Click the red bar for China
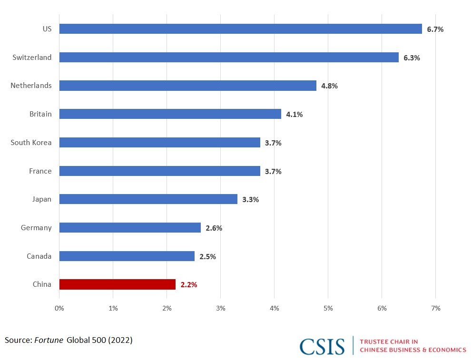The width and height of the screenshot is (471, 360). [117, 284]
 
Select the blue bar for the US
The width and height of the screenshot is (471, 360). [240, 29]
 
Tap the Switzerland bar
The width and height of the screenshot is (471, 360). [229, 58]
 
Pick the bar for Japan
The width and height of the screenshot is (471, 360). [148, 199]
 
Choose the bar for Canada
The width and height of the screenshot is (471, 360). [127, 256]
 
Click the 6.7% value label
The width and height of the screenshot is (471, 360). [435, 29]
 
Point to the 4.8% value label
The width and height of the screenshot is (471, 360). [329, 86]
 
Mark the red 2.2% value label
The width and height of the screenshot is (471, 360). [188, 285]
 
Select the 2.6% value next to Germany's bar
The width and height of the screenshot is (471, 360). [214, 228]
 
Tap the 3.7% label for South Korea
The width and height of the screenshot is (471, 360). [273, 143]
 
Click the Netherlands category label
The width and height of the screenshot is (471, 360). [31, 86]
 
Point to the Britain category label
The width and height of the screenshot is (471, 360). [40, 114]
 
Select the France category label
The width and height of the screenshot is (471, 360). [40, 171]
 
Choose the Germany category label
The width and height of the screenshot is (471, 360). [36, 228]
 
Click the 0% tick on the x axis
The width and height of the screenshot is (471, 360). [59, 308]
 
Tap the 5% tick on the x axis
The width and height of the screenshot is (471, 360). [328, 308]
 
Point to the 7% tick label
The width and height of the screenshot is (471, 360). [435, 308]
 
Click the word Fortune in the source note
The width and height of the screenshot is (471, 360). [49, 340]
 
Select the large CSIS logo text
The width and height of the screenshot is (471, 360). [322, 346]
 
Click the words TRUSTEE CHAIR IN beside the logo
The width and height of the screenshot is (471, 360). [389, 341]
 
